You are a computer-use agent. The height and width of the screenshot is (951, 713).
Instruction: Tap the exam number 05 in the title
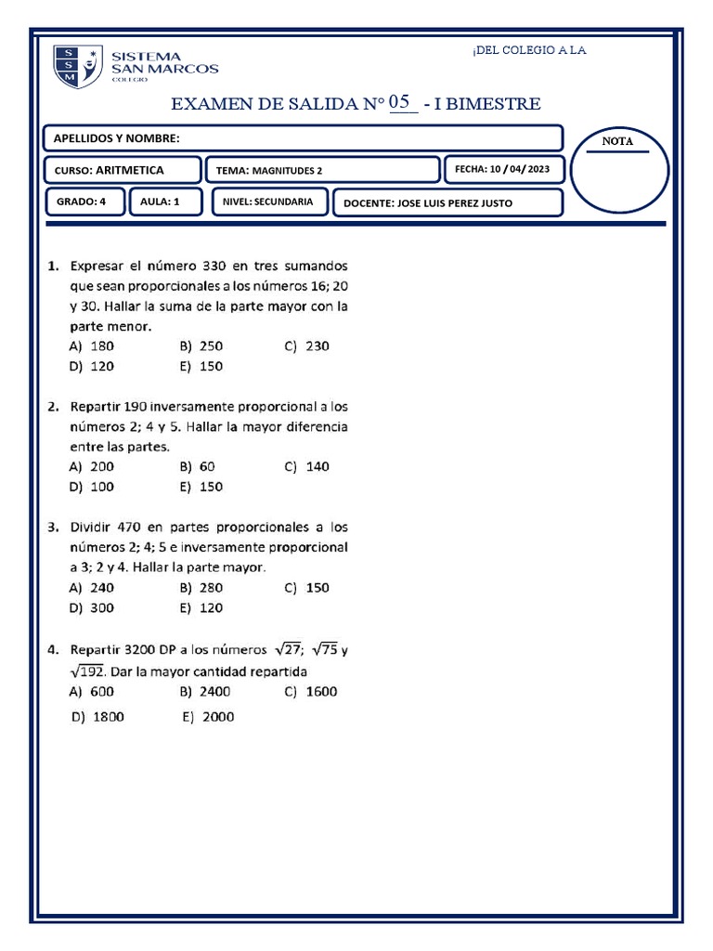coord(400,102)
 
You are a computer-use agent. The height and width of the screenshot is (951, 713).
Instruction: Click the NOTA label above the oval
coord(617,141)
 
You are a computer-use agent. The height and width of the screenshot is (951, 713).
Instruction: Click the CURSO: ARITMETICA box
coord(123,170)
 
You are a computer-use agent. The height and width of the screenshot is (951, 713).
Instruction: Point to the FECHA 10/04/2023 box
coord(504,169)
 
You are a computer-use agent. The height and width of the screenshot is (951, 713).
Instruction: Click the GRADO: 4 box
coord(86,202)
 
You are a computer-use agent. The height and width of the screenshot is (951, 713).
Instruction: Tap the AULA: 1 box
coord(165,202)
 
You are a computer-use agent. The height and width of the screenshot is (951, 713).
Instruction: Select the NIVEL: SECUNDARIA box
coord(269,202)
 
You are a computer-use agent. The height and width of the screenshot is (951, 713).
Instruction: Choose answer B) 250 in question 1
coord(202,346)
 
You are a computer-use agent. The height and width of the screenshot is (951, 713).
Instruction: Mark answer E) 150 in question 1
coord(202,367)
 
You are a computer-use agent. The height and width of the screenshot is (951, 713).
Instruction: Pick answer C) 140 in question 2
coord(307,467)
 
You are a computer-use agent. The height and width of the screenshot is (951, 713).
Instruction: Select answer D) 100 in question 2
coord(93,487)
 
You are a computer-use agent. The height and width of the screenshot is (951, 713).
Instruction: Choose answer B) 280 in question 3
coord(202,588)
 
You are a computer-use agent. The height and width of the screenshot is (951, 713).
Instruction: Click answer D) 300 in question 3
coord(93,608)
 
